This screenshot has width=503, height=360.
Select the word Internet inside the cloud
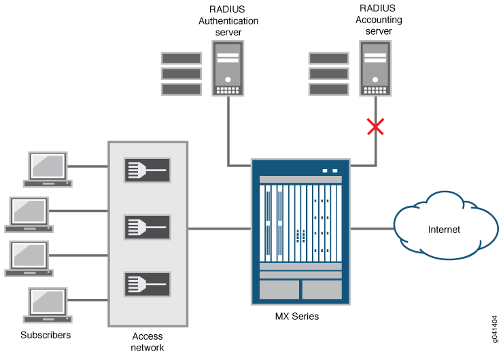pyautogui.click(x=444, y=230)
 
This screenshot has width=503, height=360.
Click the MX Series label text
pyautogui.click(x=296, y=317)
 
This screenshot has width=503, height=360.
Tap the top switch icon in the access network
pyautogui.click(x=147, y=170)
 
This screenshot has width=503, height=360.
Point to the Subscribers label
pyautogui.click(x=46, y=336)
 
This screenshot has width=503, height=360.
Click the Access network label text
pyautogui.click(x=148, y=341)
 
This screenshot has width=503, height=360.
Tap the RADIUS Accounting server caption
pyautogui.click(x=379, y=20)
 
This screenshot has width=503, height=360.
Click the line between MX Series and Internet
pyautogui.click(x=372, y=229)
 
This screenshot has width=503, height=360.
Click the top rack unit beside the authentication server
pyautogui.click(x=181, y=58)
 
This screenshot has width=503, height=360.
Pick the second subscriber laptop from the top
pyautogui.click(x=29, y=215)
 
